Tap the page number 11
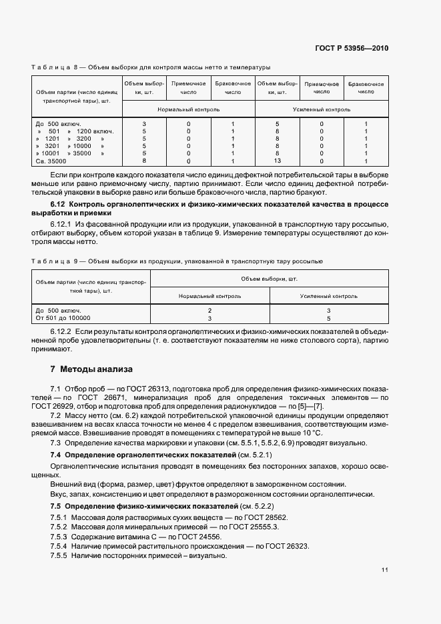point(385,570)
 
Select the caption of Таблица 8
point(151,67)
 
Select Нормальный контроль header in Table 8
point(188,109)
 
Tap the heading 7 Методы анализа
point(91,369)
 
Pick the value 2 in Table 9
point(209,311)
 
